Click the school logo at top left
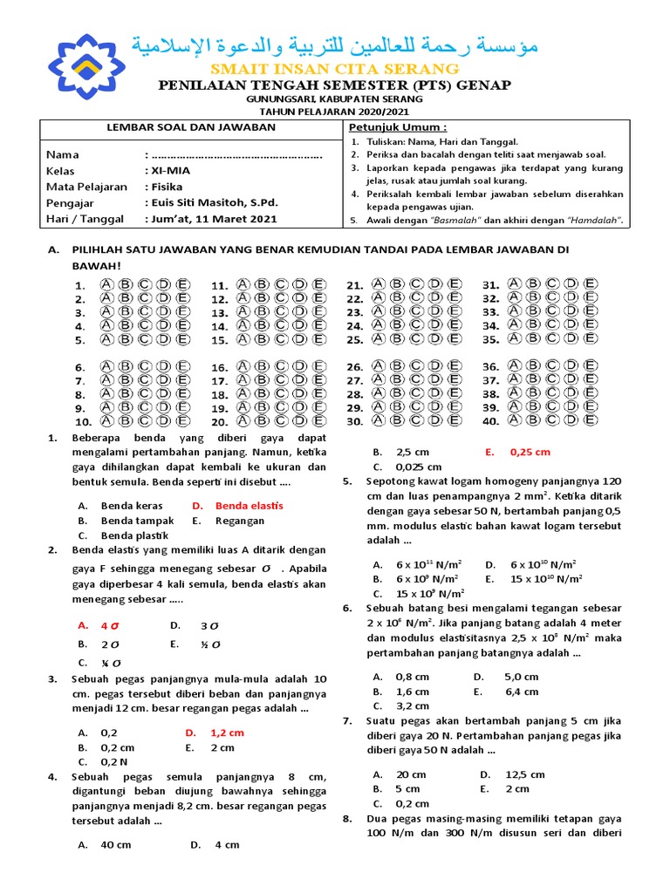point(85,65)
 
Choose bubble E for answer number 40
point(591,420)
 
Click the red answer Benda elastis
point(249,505)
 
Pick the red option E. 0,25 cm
point(530,452)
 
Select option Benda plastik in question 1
point(134,535)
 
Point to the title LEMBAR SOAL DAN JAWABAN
point(190,127)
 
